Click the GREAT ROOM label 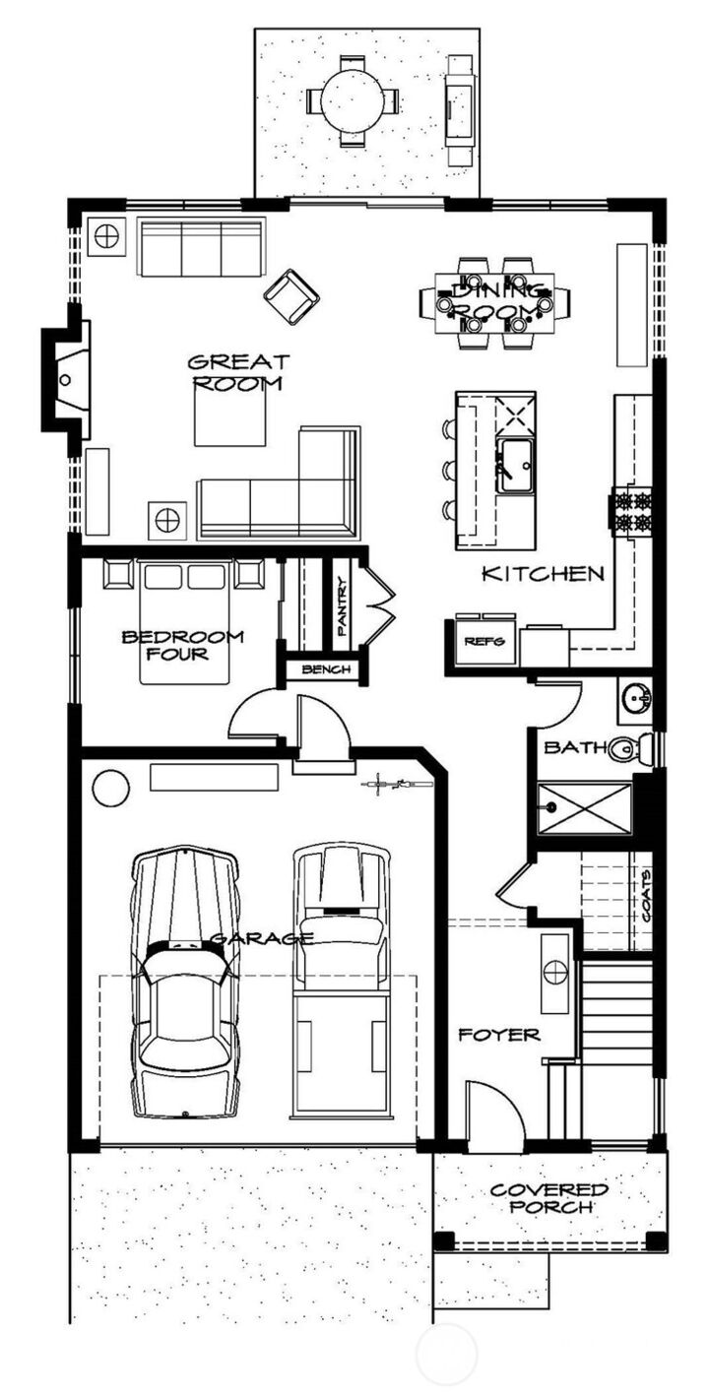click(x=237, y=372)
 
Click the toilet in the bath click(x=627, y=750)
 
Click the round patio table click(x=353, y=99)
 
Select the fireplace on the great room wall click(x=67, y=378)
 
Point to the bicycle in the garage click(x=398, y=786)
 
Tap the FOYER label click(x=500, y=1035)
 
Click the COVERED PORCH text click(x=549, y=1198)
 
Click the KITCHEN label click(x=543, y=573)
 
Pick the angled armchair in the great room click(x=291, y=296)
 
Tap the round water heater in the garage click(x=109, y=788)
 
